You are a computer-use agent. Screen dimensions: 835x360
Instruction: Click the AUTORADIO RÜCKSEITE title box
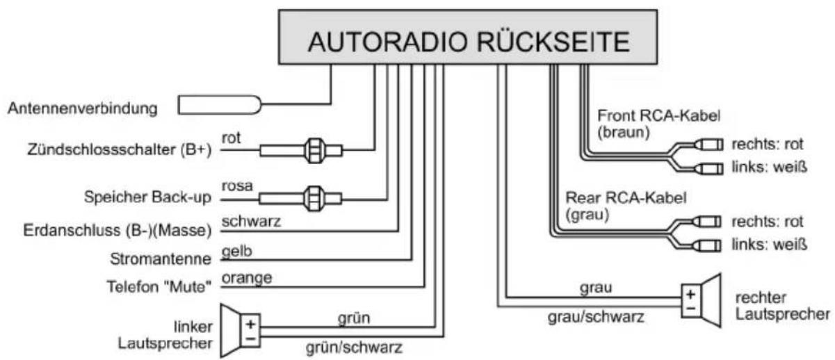point(468,38)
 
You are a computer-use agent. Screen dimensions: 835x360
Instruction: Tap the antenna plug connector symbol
point(220,105)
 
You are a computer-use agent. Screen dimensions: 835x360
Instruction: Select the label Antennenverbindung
point(82,108)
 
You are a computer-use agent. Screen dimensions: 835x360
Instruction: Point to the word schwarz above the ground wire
point(251,222)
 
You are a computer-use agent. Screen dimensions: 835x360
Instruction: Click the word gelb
point(237,252)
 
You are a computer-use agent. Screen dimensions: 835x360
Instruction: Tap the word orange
point(247,278)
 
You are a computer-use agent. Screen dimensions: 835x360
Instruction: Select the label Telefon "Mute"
point(159,286)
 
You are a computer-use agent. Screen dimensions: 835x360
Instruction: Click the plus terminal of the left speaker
point(250,324)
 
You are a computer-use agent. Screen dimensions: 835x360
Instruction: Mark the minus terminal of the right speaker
point(691,309)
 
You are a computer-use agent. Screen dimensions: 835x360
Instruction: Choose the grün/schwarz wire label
point(354,347)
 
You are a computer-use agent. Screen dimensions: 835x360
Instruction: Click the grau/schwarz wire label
point(596,317)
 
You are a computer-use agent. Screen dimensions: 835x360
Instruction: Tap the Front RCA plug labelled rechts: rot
point(708,145)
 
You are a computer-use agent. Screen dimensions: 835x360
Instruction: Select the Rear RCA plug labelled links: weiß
point(707,245)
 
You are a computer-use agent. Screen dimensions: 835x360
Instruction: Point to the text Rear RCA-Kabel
point(626,197)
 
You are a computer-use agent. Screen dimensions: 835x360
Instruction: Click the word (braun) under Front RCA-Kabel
point(624,132)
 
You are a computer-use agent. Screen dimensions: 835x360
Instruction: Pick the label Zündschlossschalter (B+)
point(120,149)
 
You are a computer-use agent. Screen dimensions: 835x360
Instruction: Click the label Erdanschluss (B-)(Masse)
point(117,230)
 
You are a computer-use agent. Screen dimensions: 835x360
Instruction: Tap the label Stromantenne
point(161,259)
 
